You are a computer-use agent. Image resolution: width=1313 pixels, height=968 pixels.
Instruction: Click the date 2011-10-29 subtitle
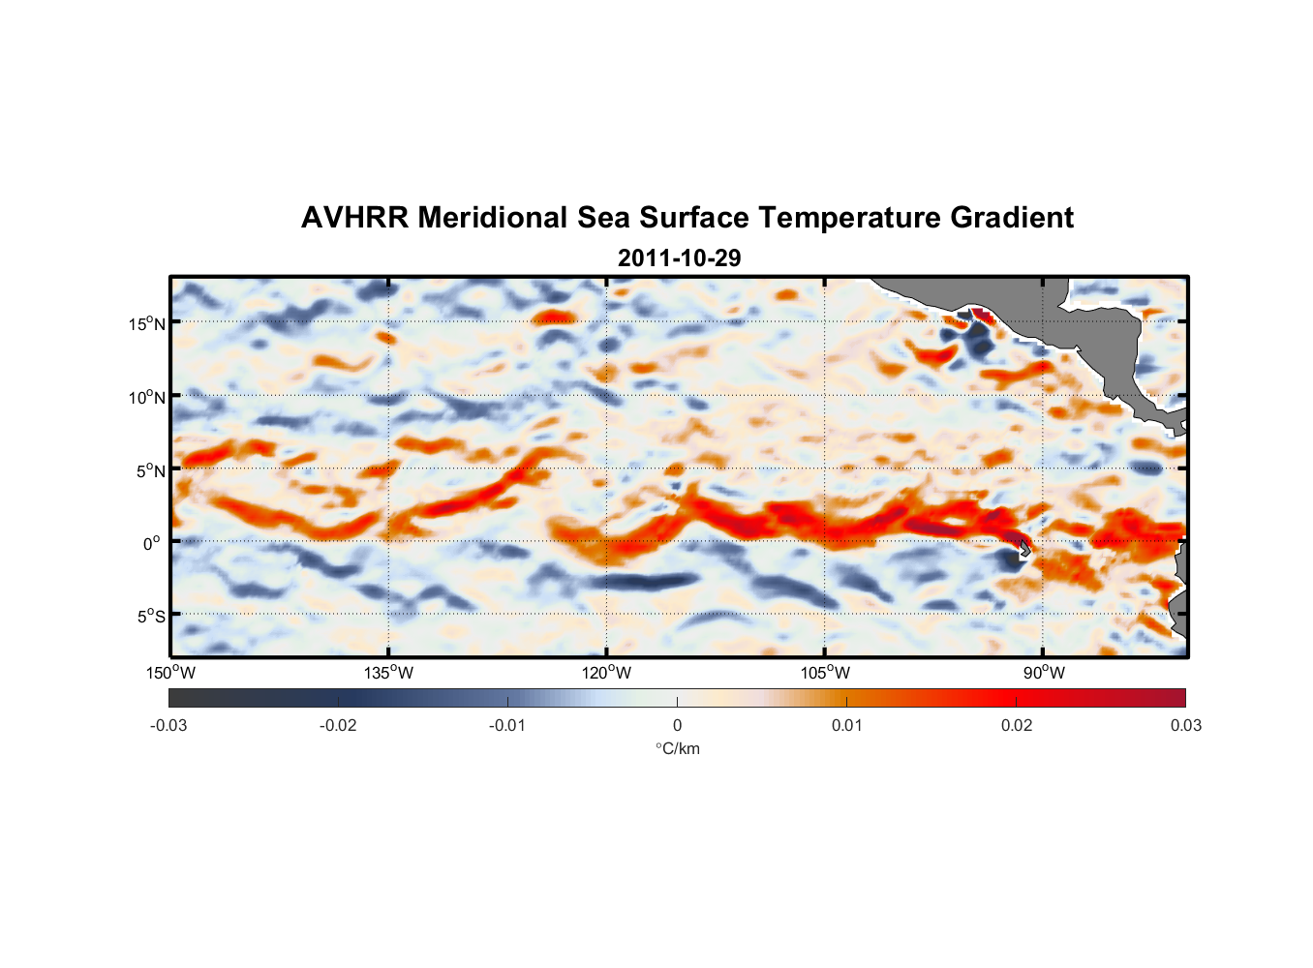(x=679, y=258)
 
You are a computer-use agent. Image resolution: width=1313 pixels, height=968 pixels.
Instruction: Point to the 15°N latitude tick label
(x=147, y=323)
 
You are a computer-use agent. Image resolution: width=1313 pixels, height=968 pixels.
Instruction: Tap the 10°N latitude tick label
(x=147, y=397)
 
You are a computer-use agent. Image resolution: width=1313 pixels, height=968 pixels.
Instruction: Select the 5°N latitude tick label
(x=150, y=470)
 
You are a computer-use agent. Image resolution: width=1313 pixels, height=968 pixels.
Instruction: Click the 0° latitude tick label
(x=153, y=543)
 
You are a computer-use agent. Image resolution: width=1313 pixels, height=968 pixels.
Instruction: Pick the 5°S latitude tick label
(x=150, y=616)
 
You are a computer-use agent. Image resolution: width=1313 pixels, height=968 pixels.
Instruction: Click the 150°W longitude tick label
(x=171, y=673)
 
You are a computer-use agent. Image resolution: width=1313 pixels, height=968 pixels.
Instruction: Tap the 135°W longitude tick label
(x=389, y=673)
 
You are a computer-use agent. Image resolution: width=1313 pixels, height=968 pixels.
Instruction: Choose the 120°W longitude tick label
(x=607, y=673)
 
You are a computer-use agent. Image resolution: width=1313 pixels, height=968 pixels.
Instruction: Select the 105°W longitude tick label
(x=825, y=673)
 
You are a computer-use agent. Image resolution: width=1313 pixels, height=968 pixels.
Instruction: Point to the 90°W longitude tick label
(x=1043, y=673)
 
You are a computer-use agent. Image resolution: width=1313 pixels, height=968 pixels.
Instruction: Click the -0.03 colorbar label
(x=168, y=726)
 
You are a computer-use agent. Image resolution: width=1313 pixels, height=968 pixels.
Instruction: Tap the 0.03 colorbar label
(x=1185, y=726)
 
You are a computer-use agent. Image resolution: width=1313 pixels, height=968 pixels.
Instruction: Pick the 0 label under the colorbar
(x=677, y=726)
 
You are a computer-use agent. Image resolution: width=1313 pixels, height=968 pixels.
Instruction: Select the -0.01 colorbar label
(x=507, y=726)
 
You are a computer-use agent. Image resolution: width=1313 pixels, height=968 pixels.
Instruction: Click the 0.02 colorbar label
(x=1016, y=726)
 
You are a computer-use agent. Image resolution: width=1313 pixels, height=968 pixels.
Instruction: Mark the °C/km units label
(x=677, y=748)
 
